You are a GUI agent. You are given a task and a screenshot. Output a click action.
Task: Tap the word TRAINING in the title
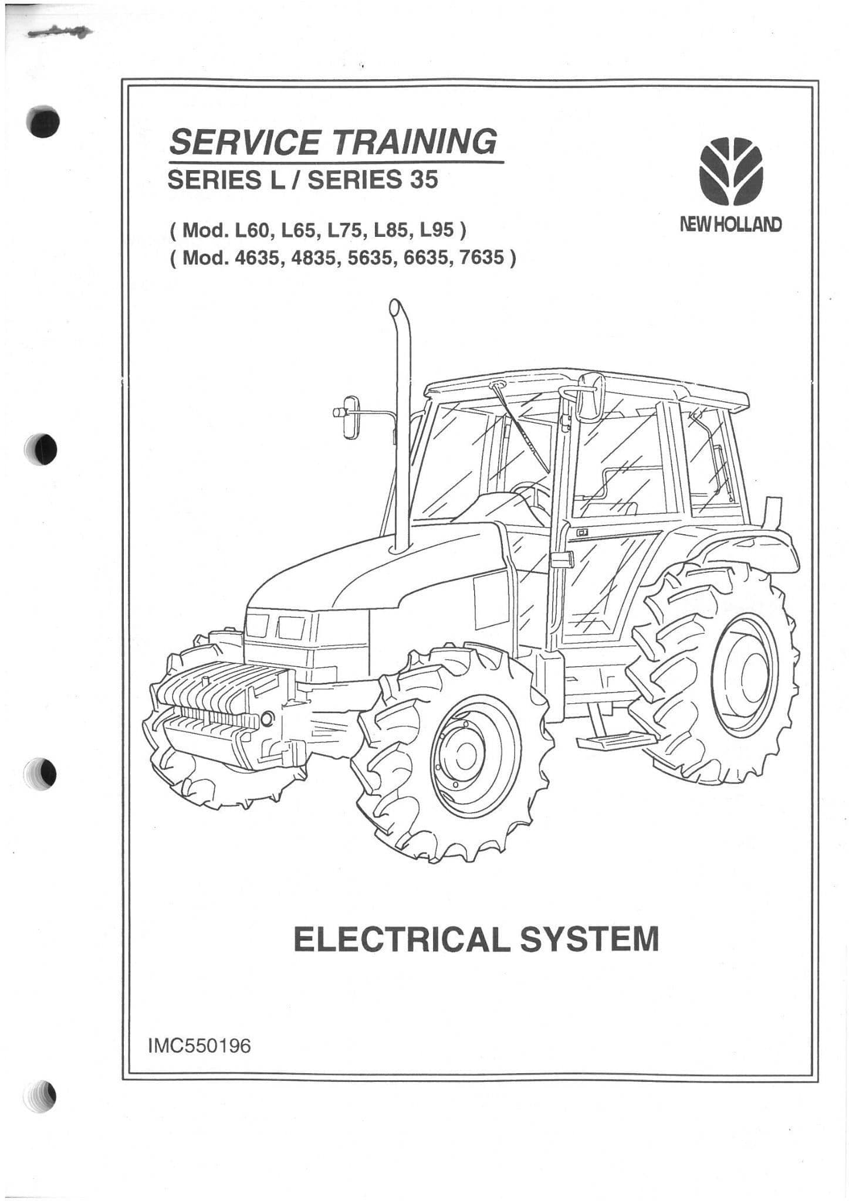pyautogui.click(x=415, y=141)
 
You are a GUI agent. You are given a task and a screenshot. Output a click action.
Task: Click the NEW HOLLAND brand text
pyautogui.click(x=730, y=224)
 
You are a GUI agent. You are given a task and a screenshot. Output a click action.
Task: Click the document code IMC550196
pyautogui.click(x=199, y=1046)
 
